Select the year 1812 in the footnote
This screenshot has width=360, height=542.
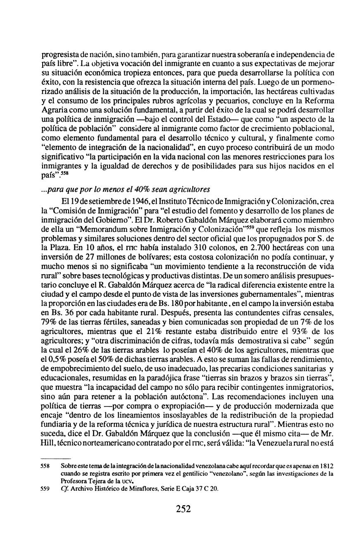tap(326, 466)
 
